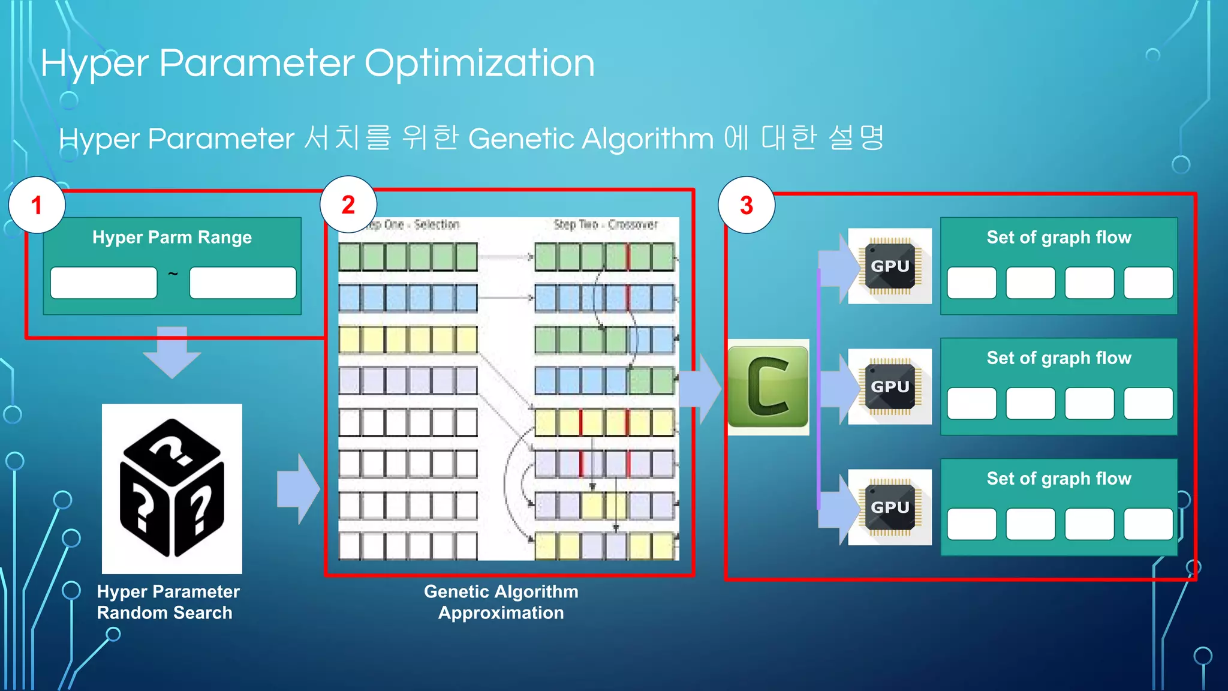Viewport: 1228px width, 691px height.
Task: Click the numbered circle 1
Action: (x=37, y=205)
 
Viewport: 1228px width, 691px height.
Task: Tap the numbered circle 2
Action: (x=348, y=205)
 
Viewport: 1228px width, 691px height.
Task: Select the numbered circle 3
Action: (x=747, y=205)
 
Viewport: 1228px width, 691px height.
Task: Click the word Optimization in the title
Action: (x=479, y=64)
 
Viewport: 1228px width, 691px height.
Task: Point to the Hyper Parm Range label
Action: (x=172, y=238)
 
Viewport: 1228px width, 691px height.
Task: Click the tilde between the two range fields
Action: (x=173, y=275)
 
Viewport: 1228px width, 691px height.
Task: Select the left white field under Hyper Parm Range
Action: (x=104, y=283)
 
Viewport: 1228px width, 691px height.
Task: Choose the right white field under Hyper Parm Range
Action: (x=243, y=283)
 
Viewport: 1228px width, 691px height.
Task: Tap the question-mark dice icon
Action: (x=172, y=488)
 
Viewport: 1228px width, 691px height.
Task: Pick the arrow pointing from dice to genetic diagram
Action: (x=298, y=489)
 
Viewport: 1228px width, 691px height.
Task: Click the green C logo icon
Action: (x=768, y=387)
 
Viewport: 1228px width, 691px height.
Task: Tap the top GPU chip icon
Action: (x=890, y=266)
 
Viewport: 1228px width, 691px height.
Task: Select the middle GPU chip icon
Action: (x=890, y=386)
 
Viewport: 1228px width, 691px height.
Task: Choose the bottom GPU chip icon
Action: (x=890, y=507)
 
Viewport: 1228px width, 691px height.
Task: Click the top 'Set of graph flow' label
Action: (x=1059, y=238)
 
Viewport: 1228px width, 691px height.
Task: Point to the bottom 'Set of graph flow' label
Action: (x=1059, y=479)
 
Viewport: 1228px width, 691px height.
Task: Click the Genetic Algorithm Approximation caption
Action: (x=501, y=602)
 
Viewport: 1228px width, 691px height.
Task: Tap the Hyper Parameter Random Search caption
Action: (x=168, y=602)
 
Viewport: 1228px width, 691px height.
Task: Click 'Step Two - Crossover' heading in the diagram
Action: (x=606, y=225)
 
